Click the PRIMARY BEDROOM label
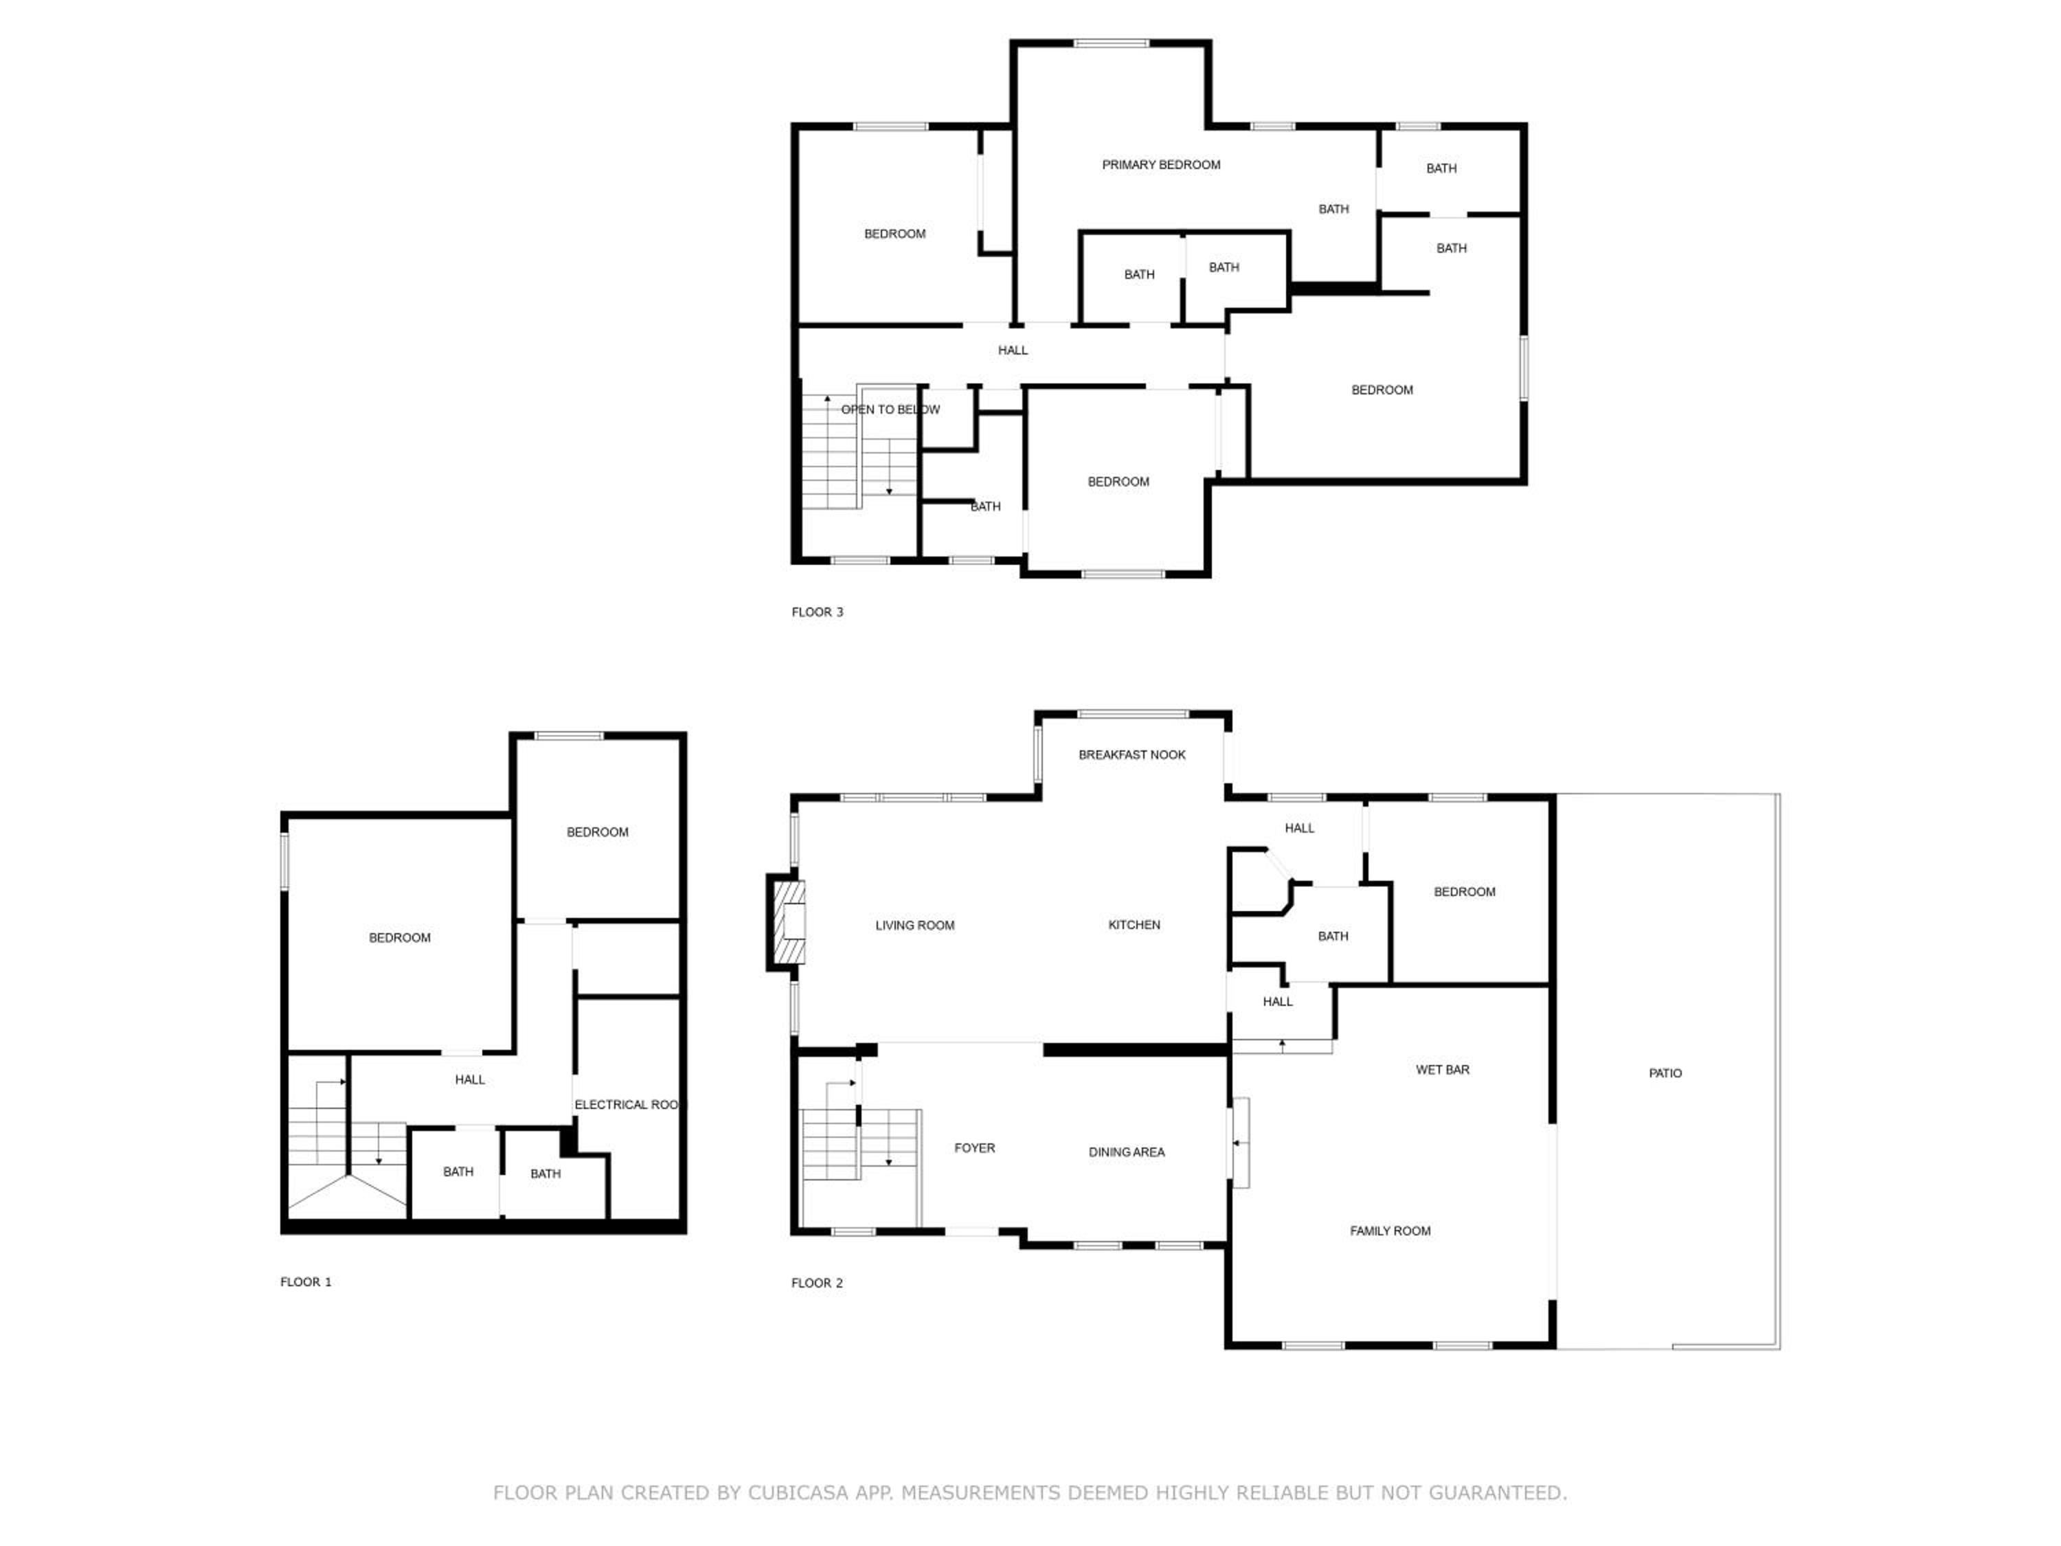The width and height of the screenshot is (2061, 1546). [1161, 165]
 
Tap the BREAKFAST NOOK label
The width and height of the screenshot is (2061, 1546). [1132, 755]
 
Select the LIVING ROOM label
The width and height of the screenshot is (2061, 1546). [915, 926]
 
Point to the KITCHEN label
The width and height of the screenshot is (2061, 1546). [1134, 924]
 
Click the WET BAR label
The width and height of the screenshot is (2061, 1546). [1442, 1070]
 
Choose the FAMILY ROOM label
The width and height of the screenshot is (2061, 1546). [1390, 1231]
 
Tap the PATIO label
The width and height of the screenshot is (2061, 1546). [1665, 1073]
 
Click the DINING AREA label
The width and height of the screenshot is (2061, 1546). [1127, 1153]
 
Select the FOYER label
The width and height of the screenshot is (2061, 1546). [975, 1148]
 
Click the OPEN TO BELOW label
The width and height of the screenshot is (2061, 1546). [891, 410]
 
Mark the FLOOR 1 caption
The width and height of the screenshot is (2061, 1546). [306, 1282]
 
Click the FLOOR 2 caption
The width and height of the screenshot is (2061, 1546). [817, 1284]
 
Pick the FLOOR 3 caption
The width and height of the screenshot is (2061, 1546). [817, 612]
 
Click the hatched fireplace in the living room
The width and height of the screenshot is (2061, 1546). [788, 923]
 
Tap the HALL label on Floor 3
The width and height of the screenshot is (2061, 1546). [1013, 350]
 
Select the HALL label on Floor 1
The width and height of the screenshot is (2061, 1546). [470, 1080]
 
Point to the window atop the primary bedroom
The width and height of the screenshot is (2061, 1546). [1111, 43]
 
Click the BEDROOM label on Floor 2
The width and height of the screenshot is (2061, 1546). [1465, 892]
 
